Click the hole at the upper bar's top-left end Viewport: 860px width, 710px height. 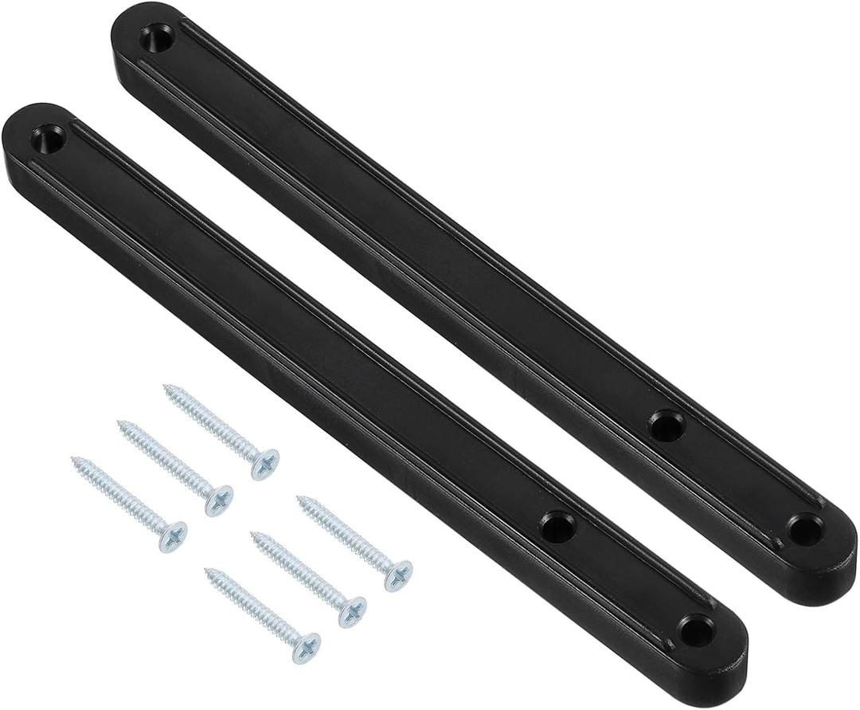(157, 37)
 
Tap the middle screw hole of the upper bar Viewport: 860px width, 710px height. (666, 426)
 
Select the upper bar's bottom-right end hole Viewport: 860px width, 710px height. (804, 529)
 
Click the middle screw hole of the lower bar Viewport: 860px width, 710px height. (557, 527)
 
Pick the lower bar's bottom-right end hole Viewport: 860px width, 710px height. (695, 631)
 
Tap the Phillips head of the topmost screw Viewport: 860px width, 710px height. (265, 463)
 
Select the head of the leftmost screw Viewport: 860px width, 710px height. (172, 535)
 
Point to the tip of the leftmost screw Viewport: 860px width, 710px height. (74, 460)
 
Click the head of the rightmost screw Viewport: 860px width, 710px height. (398, 575)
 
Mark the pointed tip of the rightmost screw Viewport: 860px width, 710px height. (300, 499)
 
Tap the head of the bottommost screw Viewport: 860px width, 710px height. (306, 647)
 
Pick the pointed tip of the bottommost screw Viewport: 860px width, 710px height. (207, 571)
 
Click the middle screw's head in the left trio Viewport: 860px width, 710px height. (218, 500)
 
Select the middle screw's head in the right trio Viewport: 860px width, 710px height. (352, 610)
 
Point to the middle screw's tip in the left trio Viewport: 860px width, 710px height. (120, 423)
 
